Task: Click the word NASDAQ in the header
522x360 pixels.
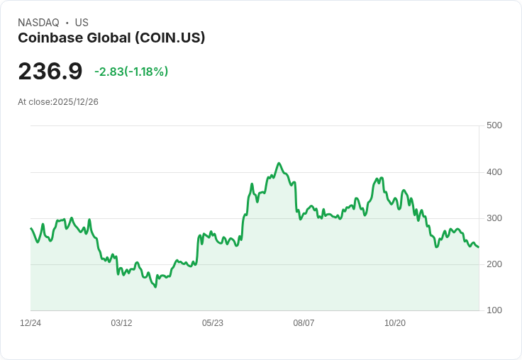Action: click(38, 23)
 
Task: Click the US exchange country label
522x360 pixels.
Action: click(82, 23)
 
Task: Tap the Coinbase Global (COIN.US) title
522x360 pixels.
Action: click(111, 38)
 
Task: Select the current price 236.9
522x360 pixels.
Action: click(50, 72)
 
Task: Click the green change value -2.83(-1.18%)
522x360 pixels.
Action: click(131, 72)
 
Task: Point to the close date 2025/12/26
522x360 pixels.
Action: click(75, 102)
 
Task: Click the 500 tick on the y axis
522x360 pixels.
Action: click(494, 126)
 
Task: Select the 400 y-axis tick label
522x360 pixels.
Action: click(494, 172)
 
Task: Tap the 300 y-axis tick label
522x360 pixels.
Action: click(494, 218)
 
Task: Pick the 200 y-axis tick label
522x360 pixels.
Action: click(494, 264)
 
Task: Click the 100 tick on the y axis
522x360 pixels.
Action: click(494, 310)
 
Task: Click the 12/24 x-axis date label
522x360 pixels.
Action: click(30, 323)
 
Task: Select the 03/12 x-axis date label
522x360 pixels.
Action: click(121, 323)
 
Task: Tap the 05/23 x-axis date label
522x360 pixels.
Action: click(213, 323)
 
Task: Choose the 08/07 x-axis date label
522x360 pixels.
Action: click(304, 323)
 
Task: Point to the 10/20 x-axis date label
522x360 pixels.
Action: click(394, 323)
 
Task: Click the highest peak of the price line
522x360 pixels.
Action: click(279, 163)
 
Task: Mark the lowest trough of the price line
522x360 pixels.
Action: click(155, 287)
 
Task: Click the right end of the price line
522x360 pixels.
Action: click(479, 247)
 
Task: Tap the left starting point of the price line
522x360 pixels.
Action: click(30, 228)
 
